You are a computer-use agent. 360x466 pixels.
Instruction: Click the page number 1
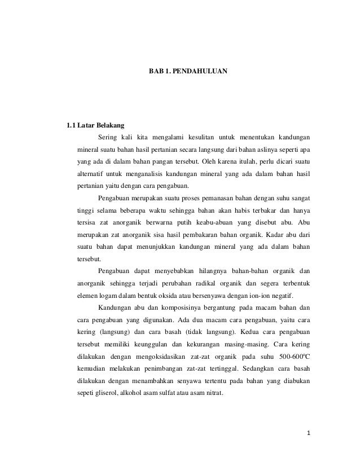309,435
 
